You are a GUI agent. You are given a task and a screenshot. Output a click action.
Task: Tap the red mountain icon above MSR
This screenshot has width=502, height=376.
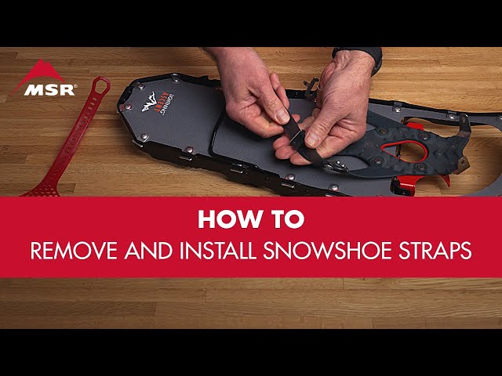click(38, 71)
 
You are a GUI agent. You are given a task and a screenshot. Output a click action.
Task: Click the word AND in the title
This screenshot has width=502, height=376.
click(144, 252)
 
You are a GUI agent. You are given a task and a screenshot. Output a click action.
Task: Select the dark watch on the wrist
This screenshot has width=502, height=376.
click(357, 53)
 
